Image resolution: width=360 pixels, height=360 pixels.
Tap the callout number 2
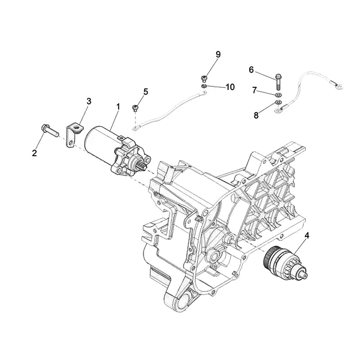[x=34, y=153]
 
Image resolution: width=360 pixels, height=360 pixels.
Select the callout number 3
[x=89, y=101]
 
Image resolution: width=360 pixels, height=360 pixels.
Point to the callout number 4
[x=307, y=234]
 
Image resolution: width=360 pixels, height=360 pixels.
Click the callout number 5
[x=145, y=92]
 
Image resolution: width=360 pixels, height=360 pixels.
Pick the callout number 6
[x=251, y=69]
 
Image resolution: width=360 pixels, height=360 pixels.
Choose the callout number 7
[x=254, y=90]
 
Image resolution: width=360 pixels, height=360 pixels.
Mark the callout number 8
[x=256, y=115]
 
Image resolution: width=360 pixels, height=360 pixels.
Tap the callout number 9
[x=218, y=54]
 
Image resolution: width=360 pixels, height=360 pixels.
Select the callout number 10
[x=230, y=87]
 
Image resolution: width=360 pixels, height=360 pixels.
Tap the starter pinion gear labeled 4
[x=281, y=261]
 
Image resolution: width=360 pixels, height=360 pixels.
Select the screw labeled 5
[x=135, y=108]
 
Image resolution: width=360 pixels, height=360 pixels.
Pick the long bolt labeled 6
[x=278, y=81]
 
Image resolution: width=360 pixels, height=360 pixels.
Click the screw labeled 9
[x=203, y=77]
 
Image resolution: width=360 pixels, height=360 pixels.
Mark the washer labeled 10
[x=204, y=85]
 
